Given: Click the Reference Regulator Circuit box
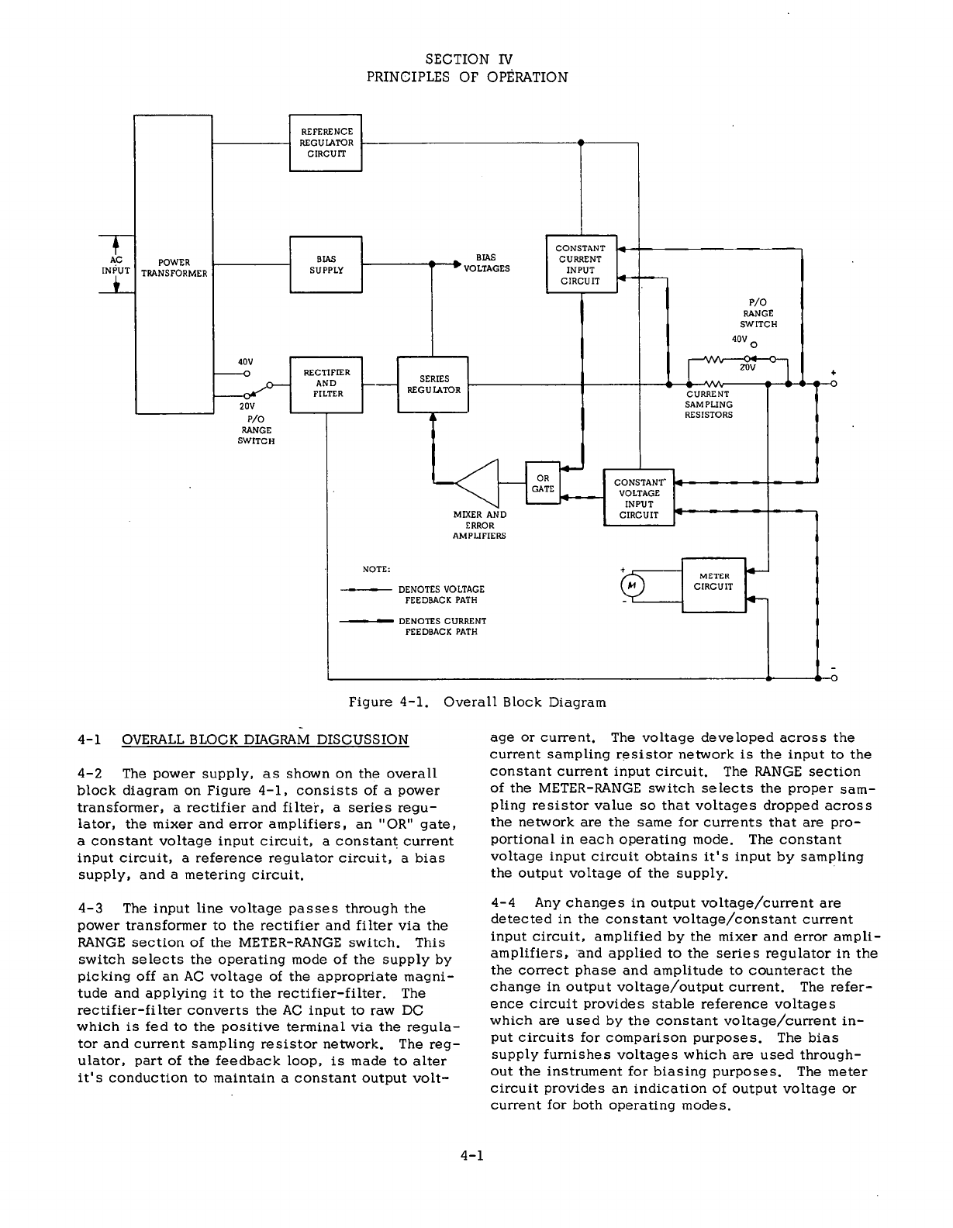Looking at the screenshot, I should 326,143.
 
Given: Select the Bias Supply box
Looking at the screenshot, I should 326,264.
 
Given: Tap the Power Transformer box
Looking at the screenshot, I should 174,266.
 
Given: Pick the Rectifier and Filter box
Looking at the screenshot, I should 326,384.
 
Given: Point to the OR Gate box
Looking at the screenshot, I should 543,483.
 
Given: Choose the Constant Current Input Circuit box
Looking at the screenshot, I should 581,264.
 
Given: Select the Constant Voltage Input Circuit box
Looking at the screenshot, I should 639,498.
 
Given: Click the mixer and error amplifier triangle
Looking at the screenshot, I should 479,482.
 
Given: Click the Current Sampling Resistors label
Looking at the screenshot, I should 708,404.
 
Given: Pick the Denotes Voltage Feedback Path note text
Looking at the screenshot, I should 441,595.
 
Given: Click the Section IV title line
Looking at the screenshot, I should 469,59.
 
